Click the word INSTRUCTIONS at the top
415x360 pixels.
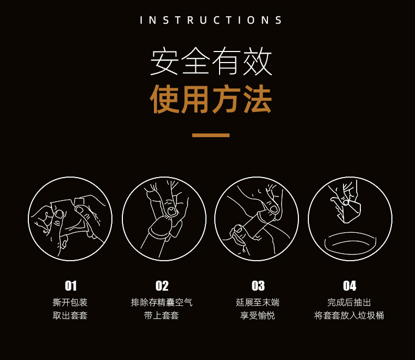tap(211, 20)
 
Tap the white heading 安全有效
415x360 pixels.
tap(211, 61)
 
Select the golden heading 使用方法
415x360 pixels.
tap(211, 99)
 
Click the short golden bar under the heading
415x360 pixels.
tap(211, 135)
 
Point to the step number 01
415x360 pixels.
tap(71, 286)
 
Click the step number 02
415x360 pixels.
tap(162, 286)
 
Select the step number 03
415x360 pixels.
tap(258, 286)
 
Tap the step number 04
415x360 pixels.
tap(349, 286)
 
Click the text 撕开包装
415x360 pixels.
tap(70, 302)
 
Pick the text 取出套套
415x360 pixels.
tap(70, 315)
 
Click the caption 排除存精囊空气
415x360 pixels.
tap(162, 302)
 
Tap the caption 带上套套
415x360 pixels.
tap(162, 315)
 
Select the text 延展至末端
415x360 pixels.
tap(258, 302)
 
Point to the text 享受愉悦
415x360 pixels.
tap(258, 315)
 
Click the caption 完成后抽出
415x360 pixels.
tap(349, 302)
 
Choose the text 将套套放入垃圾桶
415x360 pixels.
tap(349, 315)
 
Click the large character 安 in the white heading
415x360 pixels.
tap(164, 61)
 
